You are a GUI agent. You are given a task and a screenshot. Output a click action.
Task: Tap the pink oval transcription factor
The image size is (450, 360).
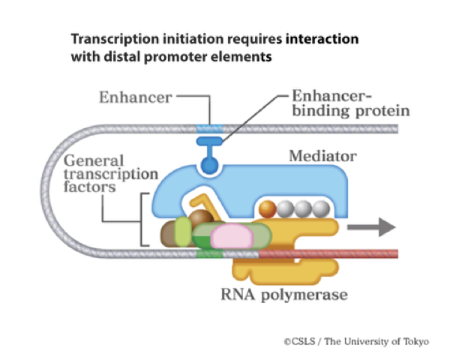point(234,237)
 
